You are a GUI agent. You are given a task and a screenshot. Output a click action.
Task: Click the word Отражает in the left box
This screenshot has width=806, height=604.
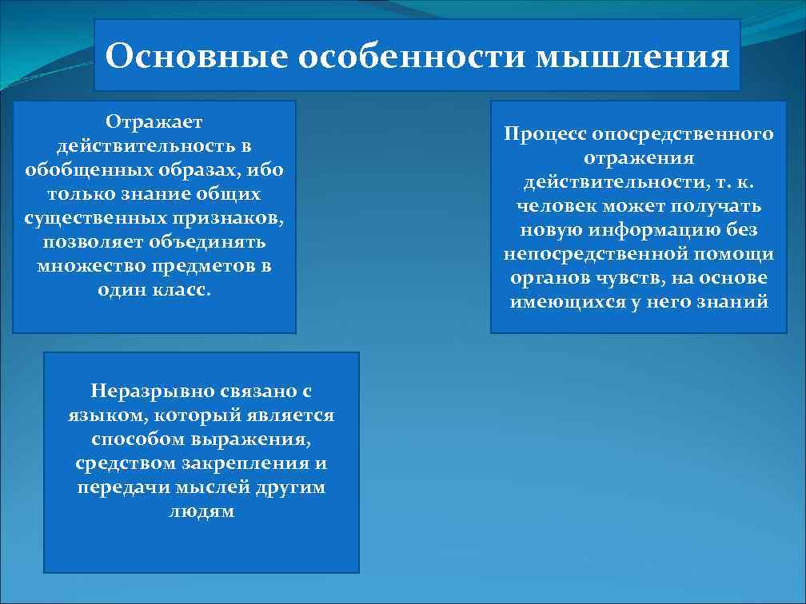click(x=154, y=121)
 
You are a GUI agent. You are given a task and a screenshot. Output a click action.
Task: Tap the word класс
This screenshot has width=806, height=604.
click(x=182, y=289)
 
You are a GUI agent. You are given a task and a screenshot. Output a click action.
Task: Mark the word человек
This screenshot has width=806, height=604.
click(x=553, y=206)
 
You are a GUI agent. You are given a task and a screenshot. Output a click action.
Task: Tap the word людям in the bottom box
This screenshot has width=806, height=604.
click(x=201, y=511)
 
